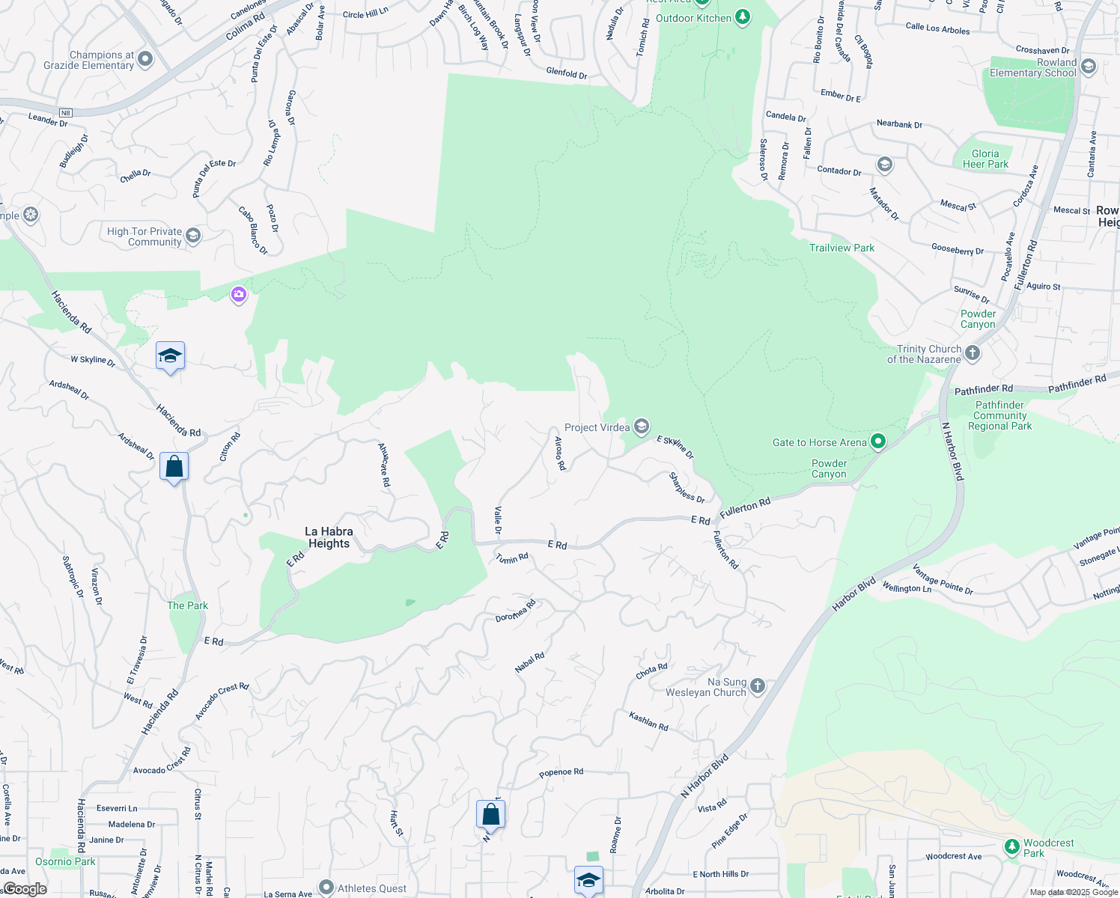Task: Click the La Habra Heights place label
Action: click(x=329, y=537)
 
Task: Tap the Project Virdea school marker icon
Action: click(x=641, y=427)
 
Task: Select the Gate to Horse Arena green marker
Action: click(x=878, y=442)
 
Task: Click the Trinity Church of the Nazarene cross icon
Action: click(x=973, y=353)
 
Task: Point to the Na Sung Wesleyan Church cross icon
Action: click(x=758, y=686)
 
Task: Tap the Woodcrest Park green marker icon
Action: click(x=1012, y=847)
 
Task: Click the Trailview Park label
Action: click(x=841, y=248)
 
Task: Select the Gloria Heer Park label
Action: click(x=985, y=159)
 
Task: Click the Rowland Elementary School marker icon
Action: click(x=1089, y=67)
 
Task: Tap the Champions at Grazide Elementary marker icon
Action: click(x=145, y=59)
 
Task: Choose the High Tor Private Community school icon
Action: click(x=193, y=236)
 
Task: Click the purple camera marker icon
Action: click(x=239, y=295)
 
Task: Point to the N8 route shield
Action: click(x=65, y=113)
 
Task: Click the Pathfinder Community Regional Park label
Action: click(x=999, y=415)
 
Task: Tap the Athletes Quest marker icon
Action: click(x=326, y=888)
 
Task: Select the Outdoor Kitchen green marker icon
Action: click(x=743, y=16)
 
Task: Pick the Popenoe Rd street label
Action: click(x=561, y=772)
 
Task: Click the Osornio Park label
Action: click(x=65, y=861)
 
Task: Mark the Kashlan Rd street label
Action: click(x=648, y=721)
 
